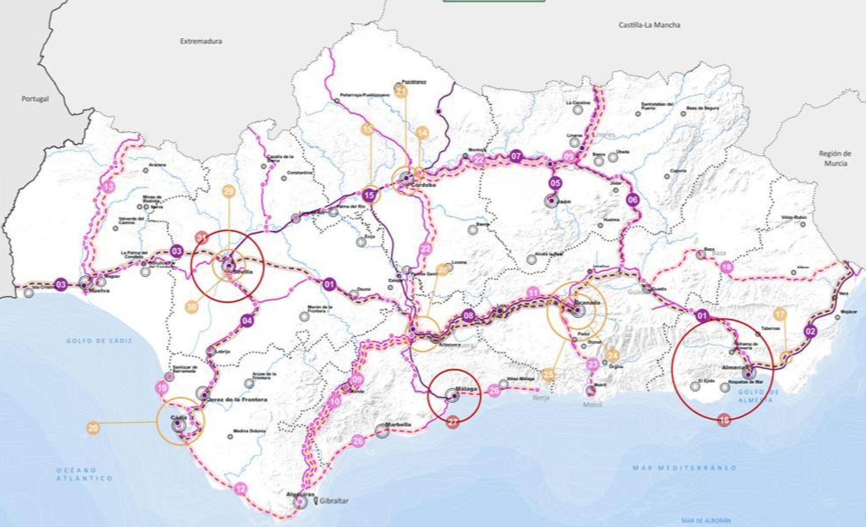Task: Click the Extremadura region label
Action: coord(201,41)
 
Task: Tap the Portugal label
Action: coord(35,99)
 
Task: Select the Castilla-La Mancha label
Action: coord(649,25)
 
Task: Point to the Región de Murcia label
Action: coord(835,158)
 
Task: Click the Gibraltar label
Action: coord(334,501)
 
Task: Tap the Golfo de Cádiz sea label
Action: coord(99,341)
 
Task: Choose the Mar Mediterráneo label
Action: coord(684,468)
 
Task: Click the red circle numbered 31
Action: coord(202,238)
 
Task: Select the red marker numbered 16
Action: coord(724,420)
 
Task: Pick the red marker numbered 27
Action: coord(453,421)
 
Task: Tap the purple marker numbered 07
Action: coord(516,156)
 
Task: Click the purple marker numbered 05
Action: coord(555,183)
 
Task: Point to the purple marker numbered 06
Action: coord(632,200)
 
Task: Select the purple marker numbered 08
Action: coord(468,315)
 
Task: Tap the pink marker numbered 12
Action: coord(241,489)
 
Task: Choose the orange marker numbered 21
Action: coord(401,91)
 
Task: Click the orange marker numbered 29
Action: coord(228,191)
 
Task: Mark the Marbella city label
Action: coord(398,424)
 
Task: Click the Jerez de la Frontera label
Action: coord(238,400)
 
